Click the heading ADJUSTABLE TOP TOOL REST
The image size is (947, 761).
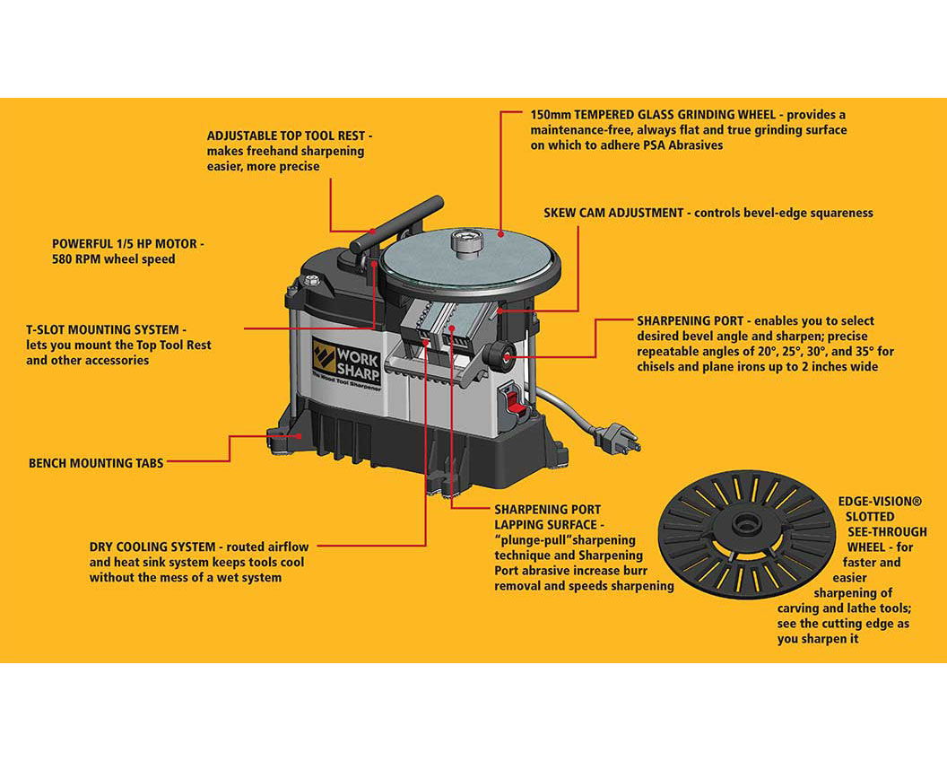288,136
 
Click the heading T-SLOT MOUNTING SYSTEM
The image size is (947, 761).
106,329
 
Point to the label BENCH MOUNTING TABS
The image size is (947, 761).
96,463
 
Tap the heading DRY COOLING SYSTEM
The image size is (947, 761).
152,547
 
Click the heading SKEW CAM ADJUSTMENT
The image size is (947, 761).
615,213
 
